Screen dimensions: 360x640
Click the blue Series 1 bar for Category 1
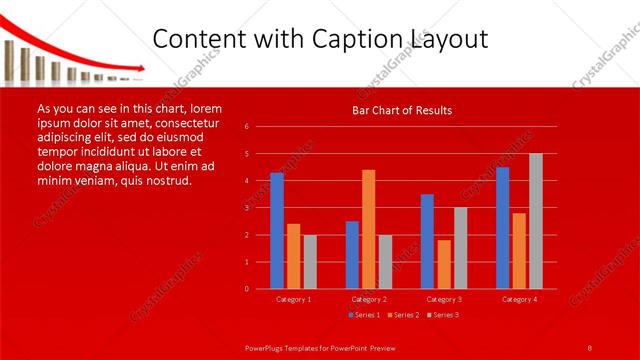point(277,231)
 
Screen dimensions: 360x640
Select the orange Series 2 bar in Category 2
point(369,229)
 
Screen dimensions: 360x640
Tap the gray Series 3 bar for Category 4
point(536,221)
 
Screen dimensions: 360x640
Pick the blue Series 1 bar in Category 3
point(427,241)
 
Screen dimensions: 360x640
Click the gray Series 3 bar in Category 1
point(310,262)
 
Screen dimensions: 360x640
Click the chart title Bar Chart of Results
point(403,110)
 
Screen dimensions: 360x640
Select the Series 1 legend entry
point(364,315)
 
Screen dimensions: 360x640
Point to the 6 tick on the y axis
point(246,127)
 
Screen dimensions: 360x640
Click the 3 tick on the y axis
point(246,208)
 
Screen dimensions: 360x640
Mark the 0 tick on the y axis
point(246,289)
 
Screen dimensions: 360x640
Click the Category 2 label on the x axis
point(369,299)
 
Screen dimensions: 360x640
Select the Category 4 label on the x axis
point(519,299)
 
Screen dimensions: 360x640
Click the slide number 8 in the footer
point(590,346)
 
